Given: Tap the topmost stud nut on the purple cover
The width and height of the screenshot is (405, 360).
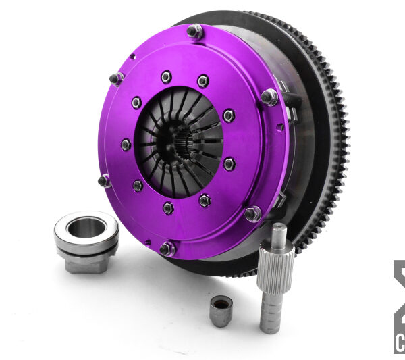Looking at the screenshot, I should pos(195,30).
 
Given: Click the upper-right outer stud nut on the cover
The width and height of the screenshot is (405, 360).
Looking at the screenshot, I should pos(269,97).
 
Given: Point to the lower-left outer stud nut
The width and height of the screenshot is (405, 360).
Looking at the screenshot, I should pos(105,180).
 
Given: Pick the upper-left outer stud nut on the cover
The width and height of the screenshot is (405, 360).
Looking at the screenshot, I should pos(117,78).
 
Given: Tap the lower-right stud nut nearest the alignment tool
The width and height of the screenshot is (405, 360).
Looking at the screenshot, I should pos(252,214).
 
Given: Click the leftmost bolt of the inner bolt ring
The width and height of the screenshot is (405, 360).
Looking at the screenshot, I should pos(126,145).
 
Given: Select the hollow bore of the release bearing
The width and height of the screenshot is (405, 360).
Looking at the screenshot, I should pos(86,227).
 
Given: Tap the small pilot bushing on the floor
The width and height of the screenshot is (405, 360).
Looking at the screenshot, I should pos(221,310).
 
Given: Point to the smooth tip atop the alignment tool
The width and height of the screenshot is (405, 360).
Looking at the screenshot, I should pos(279,234).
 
